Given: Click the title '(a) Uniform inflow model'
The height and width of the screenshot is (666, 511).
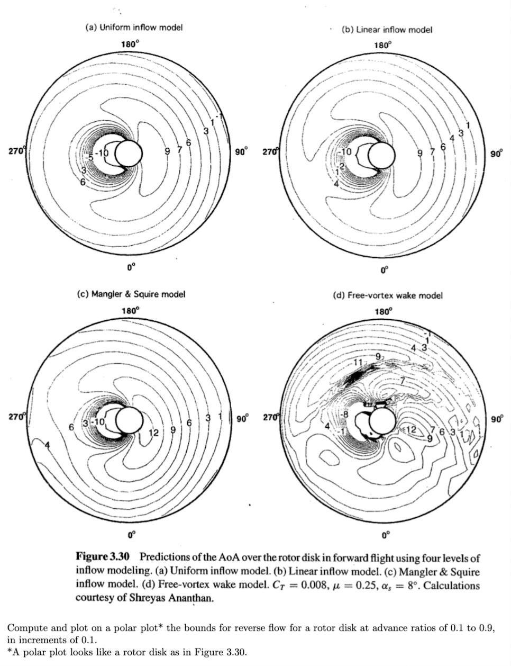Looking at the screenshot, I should (x=134, y=28).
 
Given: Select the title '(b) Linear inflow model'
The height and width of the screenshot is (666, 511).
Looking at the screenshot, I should (x=386, y=30).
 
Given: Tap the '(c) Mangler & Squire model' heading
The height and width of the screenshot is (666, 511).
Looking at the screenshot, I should (x=132, y=294).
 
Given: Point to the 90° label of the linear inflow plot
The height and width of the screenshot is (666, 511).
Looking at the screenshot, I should (x=496, y=154).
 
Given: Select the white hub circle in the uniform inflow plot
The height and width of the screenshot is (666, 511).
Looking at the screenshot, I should (x=129, y=153).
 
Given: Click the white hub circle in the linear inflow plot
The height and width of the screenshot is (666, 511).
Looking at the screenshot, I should (x=382, y=154).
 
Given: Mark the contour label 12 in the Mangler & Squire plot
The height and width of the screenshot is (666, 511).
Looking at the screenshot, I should (x=153, y=433).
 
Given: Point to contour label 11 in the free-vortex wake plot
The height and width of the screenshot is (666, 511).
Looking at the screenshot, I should (x=358, y=363).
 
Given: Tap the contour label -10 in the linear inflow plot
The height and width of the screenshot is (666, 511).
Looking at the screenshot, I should (x=345, y=151).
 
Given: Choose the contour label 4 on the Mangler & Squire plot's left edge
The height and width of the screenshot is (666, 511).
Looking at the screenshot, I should (x=47, y=445).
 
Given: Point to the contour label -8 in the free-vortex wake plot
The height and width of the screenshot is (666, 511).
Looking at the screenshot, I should (x=344, y=414).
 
